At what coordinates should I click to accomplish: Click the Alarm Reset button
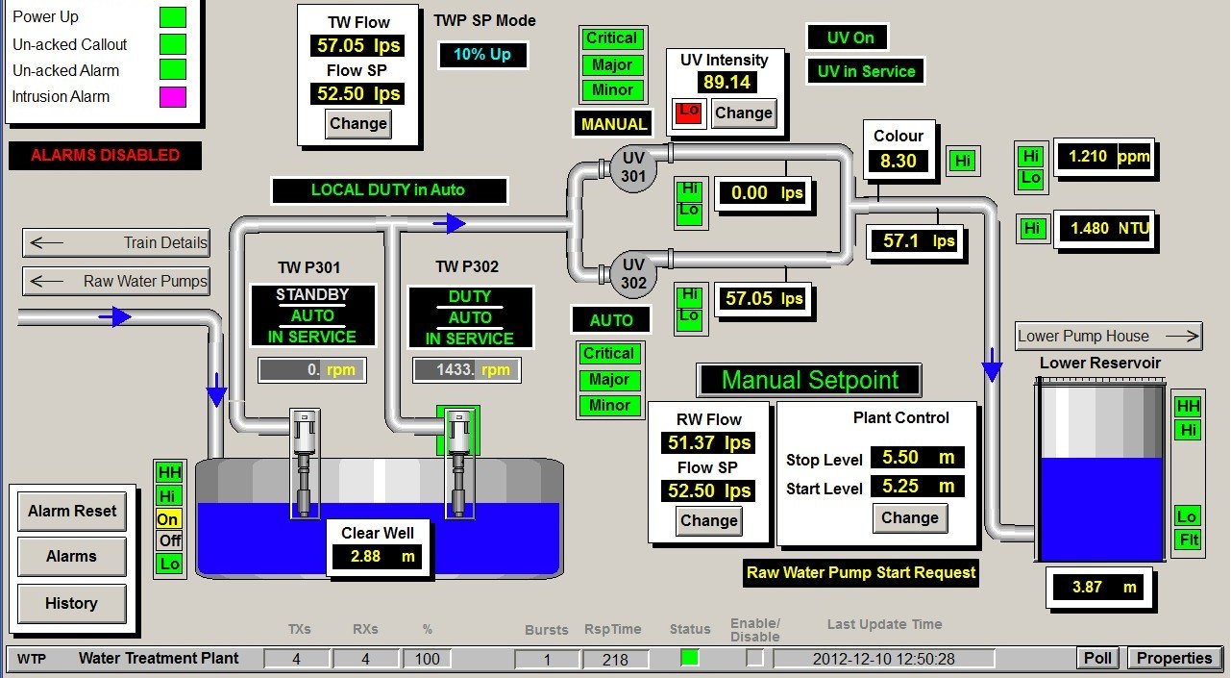72,512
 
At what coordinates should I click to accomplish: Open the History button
72,604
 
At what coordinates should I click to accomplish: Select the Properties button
1174,659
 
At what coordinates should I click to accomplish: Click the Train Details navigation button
116,243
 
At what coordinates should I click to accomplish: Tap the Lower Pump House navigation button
1109,337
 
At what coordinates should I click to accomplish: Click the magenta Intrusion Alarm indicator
173,96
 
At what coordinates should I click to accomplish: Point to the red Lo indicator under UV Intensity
689,113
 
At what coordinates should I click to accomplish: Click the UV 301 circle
633,167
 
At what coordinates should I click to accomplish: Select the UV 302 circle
633,274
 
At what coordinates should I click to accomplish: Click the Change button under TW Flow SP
358,124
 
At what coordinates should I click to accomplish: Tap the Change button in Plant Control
909,518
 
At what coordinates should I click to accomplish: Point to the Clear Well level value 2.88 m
378,557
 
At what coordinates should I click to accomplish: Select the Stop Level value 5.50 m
918,458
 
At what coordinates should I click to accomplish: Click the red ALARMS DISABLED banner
106,156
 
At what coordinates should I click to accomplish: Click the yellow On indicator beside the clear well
169,518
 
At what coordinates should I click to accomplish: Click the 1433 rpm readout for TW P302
467,370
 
